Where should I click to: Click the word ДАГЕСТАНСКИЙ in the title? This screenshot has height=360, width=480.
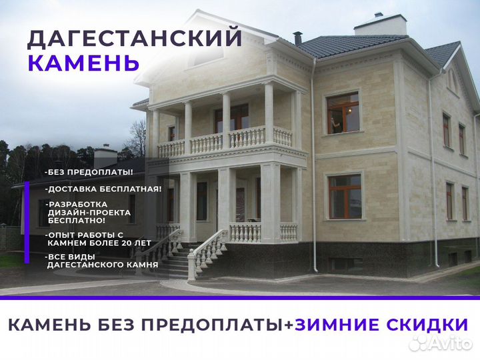click(x=133, y=38)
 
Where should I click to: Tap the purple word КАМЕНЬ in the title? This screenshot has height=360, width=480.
click(x=83, y=63)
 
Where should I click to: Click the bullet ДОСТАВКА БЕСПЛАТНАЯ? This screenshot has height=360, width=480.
click(x=103, y=189)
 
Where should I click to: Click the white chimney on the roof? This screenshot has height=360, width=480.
click(x=381, y=25)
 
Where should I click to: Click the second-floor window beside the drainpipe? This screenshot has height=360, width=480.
click(x=343, y=113)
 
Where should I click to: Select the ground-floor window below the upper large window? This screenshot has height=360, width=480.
click(x=345, y=196)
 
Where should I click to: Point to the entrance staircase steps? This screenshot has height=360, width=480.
click(x=170, y=263)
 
